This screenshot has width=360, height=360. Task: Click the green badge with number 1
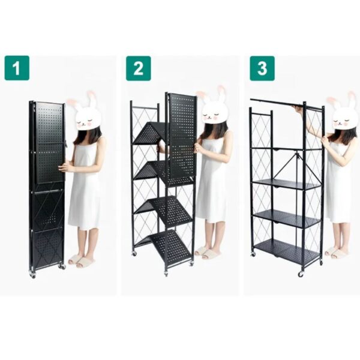17,68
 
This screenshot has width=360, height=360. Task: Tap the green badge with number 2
138,68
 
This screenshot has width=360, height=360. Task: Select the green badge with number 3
262,68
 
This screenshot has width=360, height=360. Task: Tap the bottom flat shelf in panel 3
287,251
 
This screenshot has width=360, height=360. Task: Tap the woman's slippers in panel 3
337,253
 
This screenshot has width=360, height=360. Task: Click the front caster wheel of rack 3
301,274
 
